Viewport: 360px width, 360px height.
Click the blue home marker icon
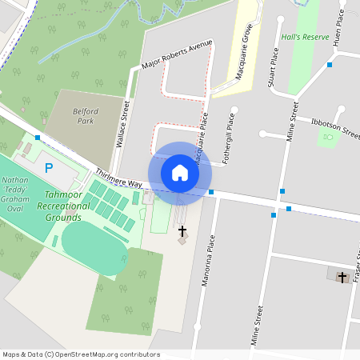point(180,173)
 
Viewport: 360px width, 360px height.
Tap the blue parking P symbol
point(48,168)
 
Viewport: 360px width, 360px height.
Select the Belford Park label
point(84,116)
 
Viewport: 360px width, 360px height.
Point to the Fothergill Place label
point(230,132)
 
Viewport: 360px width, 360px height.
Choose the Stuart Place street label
point(274,68)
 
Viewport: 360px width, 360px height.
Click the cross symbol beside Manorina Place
point(182,230)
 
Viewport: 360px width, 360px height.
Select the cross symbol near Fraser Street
point(342,277)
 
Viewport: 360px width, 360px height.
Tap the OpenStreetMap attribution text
point(80,354)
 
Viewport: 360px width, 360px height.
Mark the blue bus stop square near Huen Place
point(330,65)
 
